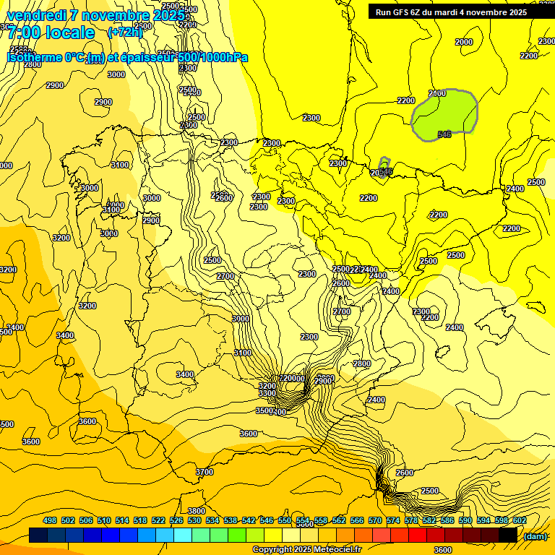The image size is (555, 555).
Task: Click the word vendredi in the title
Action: [35, 15]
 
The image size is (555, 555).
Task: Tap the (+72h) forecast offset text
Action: [125, 32]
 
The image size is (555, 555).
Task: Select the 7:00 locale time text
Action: [51, 33]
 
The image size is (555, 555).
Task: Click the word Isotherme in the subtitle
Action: [35, 57]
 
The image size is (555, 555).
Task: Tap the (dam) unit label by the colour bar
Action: [535, 535]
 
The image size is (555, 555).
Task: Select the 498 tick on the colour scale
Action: [50, 520]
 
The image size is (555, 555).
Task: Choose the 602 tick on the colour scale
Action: [519, 520]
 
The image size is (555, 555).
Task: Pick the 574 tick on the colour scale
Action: [392, 520]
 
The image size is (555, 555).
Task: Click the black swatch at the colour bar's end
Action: [508, 535]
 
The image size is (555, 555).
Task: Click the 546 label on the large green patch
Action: [444, 134]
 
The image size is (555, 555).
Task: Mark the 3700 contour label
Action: [205, 472]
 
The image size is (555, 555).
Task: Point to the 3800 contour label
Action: [197, 511]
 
